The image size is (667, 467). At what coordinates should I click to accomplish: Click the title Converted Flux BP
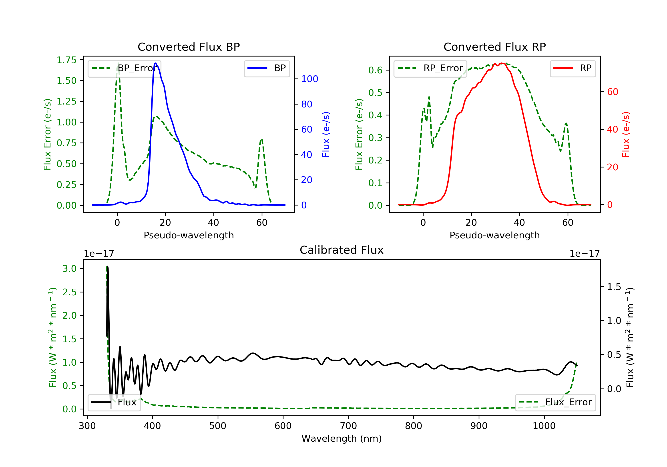(x=189, y=47)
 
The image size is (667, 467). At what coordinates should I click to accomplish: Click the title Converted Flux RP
(x=494, y=47)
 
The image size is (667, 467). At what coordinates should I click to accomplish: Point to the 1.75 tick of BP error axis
(x=66, y=60)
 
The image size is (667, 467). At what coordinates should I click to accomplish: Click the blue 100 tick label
(x=309, y=79)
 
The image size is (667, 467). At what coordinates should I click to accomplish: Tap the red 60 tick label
(x=612, y=92)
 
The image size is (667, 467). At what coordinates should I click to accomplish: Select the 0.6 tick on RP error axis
(x=375, y=70)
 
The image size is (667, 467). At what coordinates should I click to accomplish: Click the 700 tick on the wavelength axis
(x=348, y=426)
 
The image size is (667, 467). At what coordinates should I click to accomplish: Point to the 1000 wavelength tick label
(x=544, y=426)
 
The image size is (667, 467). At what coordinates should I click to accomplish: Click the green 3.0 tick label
(x=69, y=268)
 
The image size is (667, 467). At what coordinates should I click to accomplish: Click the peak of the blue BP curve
(x=156, y=63)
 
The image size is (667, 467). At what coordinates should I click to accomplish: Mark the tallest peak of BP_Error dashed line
(x=118, y=63)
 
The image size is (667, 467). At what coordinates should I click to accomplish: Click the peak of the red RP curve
(x=502, y=63)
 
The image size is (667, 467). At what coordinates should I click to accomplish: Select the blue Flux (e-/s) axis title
(x=326, y=135)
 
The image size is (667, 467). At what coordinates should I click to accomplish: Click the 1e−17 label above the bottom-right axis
(x=584, y=254)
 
